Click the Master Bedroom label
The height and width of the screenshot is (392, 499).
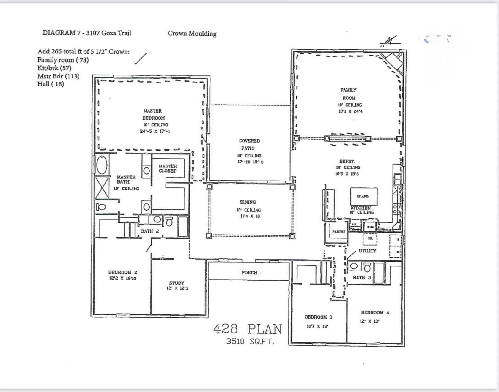pos(153,114)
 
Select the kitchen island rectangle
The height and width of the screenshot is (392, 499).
pos(364,196)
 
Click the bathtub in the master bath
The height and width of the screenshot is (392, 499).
pos(102,165)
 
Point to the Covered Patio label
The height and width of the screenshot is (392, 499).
pos(249,144)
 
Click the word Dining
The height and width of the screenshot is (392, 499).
pos(248,202)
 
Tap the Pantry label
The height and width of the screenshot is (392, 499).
pos(339,232)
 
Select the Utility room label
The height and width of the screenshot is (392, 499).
pos(367,251)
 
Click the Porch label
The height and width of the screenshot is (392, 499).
pos(249,273)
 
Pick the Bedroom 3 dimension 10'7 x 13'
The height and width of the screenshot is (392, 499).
pos(317,326)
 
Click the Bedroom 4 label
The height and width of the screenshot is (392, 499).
pos(375,312)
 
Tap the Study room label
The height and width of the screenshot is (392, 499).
pos(177,283)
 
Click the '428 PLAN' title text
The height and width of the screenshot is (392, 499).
pos(247,329)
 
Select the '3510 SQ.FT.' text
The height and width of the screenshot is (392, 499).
pos(250,342)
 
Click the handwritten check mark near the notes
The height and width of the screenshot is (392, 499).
pos(140,59)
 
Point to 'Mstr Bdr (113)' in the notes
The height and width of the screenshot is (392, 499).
pos(58,76)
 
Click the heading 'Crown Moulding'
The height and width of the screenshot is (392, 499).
pos(192,34)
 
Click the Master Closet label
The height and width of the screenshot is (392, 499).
pos(168,168)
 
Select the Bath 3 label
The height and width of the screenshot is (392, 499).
pos(362,277)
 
